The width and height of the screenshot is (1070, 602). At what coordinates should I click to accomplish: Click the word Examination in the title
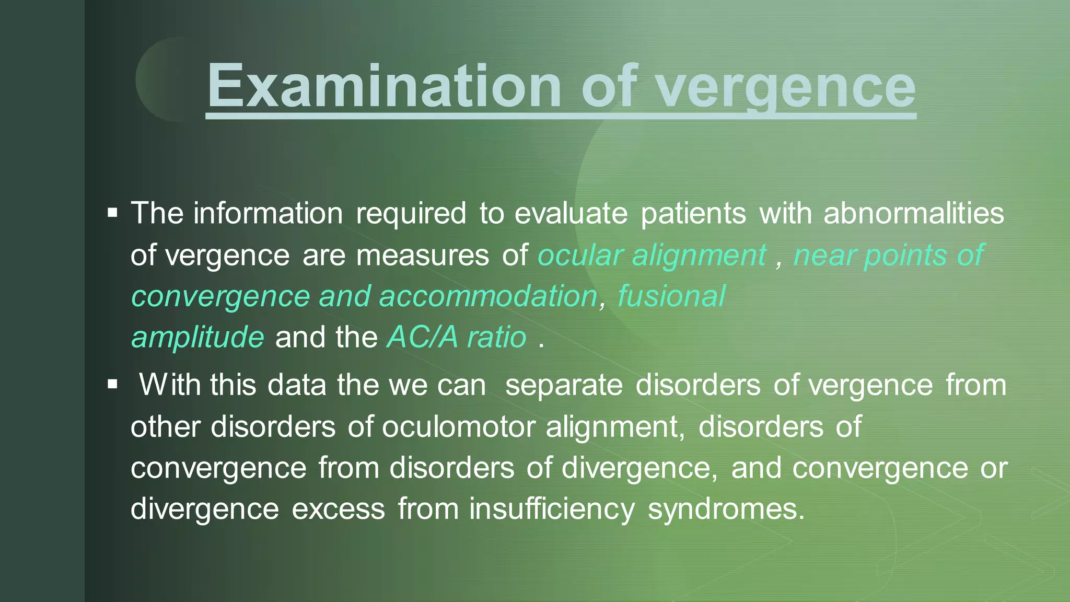point(384,85)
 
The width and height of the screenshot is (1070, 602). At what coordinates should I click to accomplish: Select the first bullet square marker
point(112,213)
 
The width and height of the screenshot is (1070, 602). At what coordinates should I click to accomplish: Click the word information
point(268,213)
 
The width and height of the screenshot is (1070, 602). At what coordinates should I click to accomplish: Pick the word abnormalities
point(914,213)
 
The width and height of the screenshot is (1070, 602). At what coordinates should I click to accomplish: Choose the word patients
point(693,213)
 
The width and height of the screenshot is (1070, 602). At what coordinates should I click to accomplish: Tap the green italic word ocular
point(580,255)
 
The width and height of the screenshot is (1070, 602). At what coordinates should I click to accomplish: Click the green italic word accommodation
point(488,296)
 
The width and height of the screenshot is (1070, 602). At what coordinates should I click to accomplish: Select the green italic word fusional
point(671,296)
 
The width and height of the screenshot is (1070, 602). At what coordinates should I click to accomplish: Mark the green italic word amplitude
point(197,338)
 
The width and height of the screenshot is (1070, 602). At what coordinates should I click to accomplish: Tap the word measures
point(423,256)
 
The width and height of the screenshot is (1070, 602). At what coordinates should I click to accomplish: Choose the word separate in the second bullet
point(564,386)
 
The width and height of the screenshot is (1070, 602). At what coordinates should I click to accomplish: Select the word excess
point(339,509)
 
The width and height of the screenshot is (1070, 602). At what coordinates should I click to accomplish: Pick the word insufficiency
point(552,509)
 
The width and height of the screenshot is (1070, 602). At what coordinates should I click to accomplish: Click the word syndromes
point(726,509)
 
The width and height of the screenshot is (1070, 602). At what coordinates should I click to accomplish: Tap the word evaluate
point(571,213)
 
